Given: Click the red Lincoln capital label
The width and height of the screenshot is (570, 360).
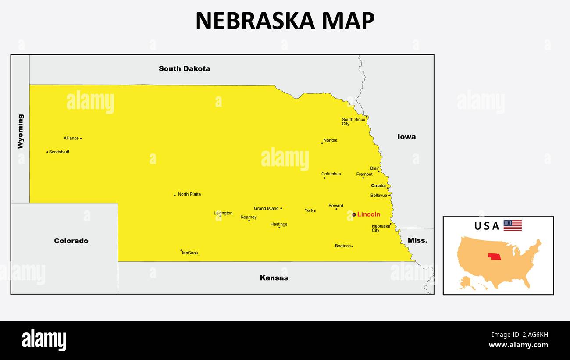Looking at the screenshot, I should pyautogui.click(x=368, y=214).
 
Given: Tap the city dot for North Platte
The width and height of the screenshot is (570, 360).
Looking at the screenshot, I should pyautogui.click(x=175, y=195).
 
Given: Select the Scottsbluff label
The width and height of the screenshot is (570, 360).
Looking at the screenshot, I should pyautogui.click(x=59, y=152).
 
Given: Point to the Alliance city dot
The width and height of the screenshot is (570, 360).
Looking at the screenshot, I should pyautogui.click(x=81, y=139).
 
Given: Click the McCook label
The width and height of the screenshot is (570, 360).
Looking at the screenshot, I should pyautogui.click(x=190, y=253).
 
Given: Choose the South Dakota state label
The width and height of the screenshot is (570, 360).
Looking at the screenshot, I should pyautogui.click(x=184, y=68).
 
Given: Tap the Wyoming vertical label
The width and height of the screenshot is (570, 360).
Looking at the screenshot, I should pyautogui.click(x=21, y=132).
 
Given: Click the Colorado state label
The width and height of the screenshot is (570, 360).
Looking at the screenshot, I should pyautogui.click(x=71, y=241).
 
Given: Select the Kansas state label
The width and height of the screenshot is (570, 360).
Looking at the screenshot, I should pyautogui.click(x=274, y=278).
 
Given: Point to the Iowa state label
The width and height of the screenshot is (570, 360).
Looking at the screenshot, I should pyautogui.click(x=406, y=137).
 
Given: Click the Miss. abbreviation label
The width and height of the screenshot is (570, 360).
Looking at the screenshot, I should pyautogui.click(x=417, y=241).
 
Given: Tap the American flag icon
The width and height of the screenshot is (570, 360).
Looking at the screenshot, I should pyautogui.click(x=513, y=225).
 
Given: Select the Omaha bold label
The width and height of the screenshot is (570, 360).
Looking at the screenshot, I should pyautogui.click(x=378, y=186).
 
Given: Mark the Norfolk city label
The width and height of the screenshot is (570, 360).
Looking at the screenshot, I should pyautogui.click(x=330, y=141).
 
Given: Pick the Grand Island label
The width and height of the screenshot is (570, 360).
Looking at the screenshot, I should pyautogui.click(x=266, y=209).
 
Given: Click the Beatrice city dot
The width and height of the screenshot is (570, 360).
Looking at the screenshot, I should pyautogui.click(x=352, y=246).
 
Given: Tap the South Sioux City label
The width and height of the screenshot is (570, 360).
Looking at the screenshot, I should pyautogui.click(x=353, y=122).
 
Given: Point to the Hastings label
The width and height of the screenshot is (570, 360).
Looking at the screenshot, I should pyautogui.click(x=279, y=224).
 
